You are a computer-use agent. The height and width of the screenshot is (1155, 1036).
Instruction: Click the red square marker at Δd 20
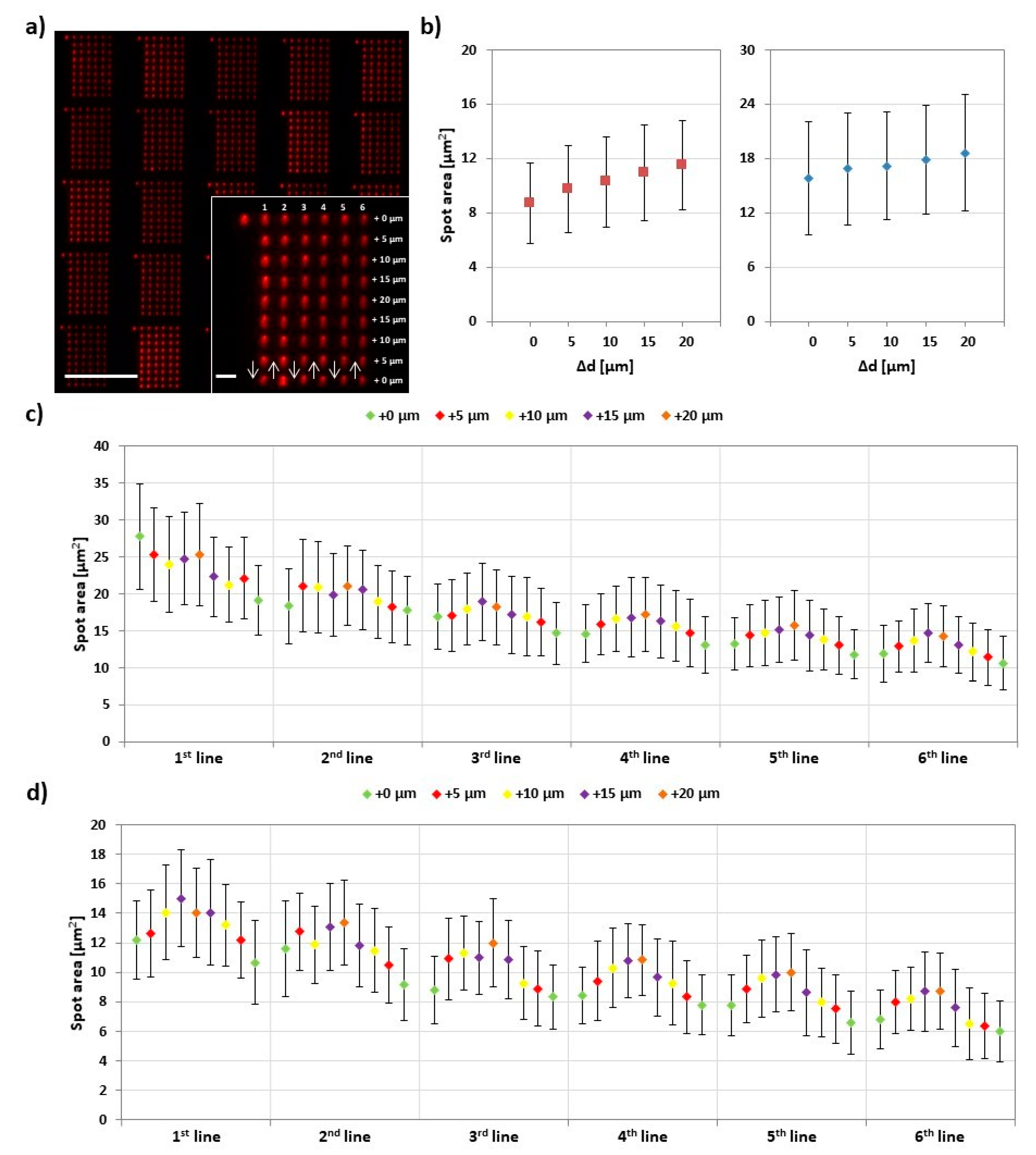(x=681, y=164)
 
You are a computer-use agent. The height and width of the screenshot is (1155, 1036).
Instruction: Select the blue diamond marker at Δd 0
(x=808, y=178)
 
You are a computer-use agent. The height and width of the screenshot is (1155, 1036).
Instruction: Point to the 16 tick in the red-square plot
(x=469, y=104)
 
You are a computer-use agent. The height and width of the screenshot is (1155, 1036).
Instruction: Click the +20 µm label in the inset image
(x=389, y=300)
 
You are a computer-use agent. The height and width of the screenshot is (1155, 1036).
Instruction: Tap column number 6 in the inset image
(x=363, y=207)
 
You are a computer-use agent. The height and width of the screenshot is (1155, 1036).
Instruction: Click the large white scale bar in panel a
(x=101, y=376)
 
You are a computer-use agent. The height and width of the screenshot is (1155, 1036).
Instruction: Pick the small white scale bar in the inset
(x=226, y=376)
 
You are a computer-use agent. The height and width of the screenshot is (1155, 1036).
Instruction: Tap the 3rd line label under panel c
(x=495, y=758)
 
